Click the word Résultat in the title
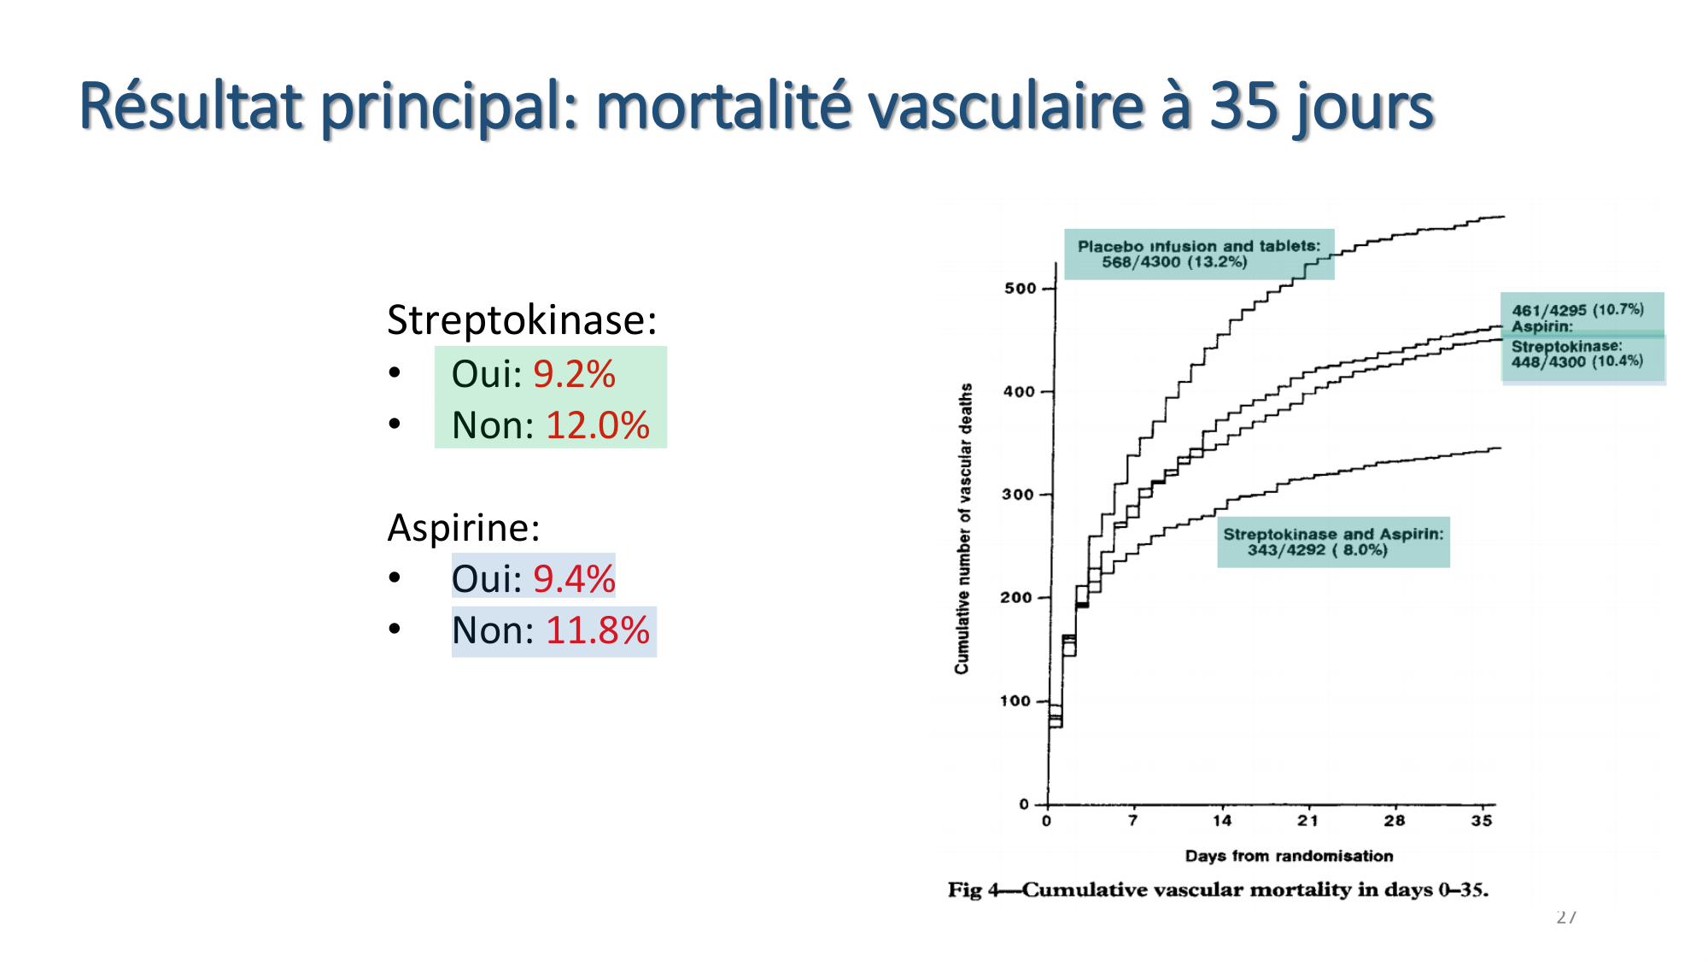tap(190, 106)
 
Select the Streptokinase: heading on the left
tap(522, 320)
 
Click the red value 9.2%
tap(574, 374)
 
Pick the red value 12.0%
tap(597, 425)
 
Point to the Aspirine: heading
tap(464, 528)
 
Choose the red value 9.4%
tap(574, 579)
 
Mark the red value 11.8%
tap(597, 630)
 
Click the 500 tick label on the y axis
tap(1020, 289)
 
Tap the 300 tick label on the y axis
tap(1018, 495)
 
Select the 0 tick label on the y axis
tap(1024, 804)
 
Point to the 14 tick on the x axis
tap(1222, 821)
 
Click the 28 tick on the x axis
tap(1395, 821)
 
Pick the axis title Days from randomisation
tap(1289, 856)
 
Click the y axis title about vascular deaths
tap(963, 529)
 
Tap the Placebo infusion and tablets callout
tap(1198, 254)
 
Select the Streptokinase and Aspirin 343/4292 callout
tap(1333, 542)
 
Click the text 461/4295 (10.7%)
tap(1577, 309)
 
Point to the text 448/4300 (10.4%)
tap(1576, 361)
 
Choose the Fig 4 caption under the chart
tap(1218, 890)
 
